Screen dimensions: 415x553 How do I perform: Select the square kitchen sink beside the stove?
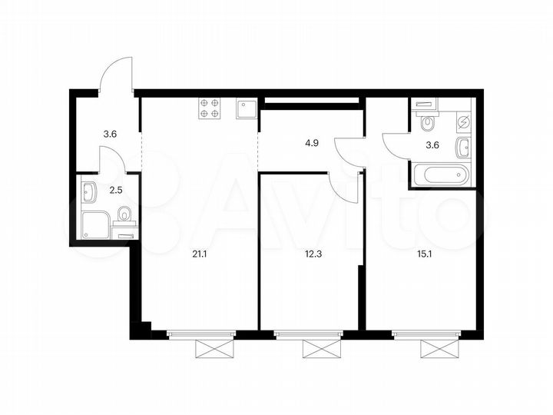[x=245, y=109]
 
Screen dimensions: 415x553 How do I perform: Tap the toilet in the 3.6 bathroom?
[x=428, y=122]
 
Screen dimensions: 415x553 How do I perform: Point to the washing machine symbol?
[x=463, y=121]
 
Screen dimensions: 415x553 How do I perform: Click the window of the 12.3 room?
[x=315, y=334]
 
